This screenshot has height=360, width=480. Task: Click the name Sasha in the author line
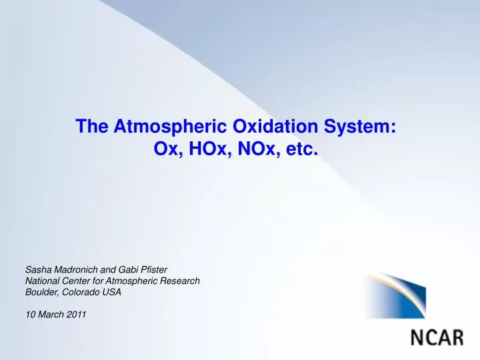(x=38, y=270)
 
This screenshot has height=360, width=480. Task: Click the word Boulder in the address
(x=40, y=293)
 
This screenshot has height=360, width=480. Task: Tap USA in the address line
(x=112, y=293)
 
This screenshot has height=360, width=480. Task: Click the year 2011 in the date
(x=76, y=315)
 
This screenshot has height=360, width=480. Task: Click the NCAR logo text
(x=437, y=337)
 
